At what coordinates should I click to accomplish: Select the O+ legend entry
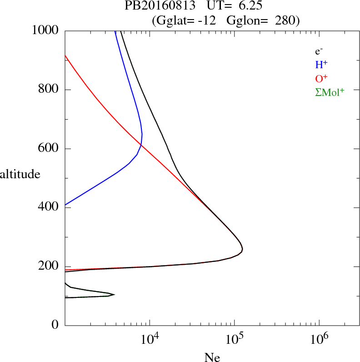point(321,79)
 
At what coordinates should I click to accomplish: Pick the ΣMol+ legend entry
point(330,92)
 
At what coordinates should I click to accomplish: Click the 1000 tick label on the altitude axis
point(45,30)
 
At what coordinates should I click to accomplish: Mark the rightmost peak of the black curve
point(243,249)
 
